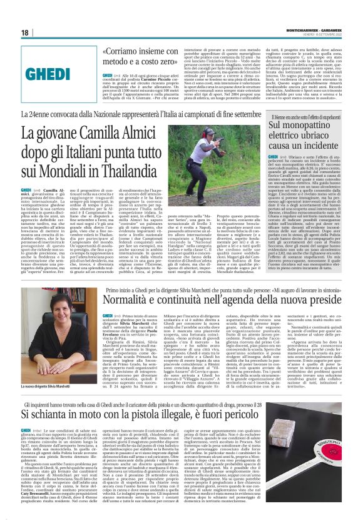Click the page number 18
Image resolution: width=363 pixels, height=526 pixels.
click(x=25, y=32)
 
